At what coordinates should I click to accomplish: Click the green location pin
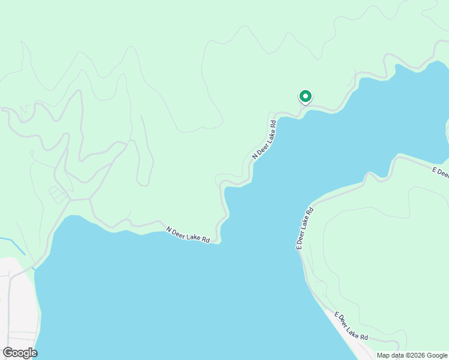point(305,97)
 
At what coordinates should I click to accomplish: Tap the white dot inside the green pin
point(305,95)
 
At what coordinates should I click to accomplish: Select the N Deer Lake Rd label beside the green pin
point(264,140)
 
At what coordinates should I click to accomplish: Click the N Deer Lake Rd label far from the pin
point(188,235)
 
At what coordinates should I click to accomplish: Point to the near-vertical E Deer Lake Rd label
point(305,229)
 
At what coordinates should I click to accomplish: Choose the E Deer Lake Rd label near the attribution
point(351,326)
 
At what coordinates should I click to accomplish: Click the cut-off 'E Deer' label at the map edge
point(440,173)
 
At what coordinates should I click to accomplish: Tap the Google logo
point(20,353)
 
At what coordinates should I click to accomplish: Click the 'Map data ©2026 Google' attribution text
point(412,355)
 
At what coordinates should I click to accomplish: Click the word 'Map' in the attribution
point(383,355)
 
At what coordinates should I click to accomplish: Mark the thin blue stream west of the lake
point(13,244)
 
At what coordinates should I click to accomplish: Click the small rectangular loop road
point(58,194)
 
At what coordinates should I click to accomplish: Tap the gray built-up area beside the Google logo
point(18,300)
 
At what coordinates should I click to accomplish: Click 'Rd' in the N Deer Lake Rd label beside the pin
point(273,125)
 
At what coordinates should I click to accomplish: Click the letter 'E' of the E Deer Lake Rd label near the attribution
point(337,314)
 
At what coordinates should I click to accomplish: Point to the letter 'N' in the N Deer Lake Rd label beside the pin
point(255,156)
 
